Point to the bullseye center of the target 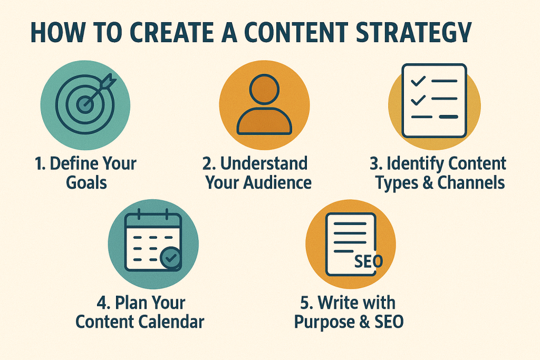[x=85, y=105]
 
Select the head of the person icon [x=264, y=89]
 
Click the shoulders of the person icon [x=264, y=121]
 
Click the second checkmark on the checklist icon [x=418, y=100]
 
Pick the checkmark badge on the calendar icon [x=171, y=257]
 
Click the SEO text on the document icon [x=369, y=262]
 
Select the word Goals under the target [x=86, y=183]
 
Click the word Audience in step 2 [x=277, y=183]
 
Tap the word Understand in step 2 [x=264, y=163]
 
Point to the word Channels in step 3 [x=471, y=183]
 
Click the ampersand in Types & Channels [x=428, y=183]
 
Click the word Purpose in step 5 [x=324, y=323]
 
